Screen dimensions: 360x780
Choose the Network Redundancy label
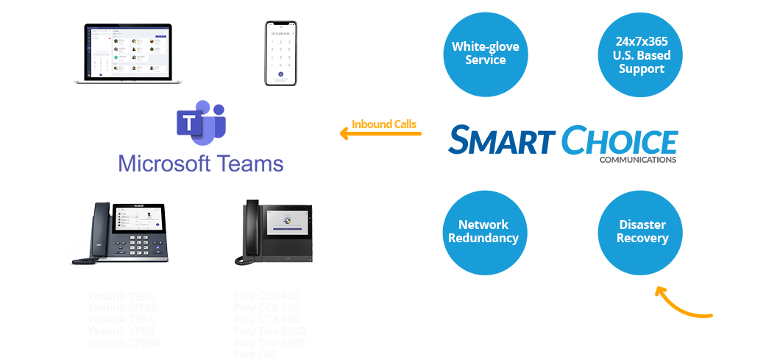point(483,231)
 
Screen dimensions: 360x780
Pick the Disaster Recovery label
point(642,231)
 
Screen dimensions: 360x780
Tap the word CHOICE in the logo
point(620,141)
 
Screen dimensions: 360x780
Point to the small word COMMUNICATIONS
point(637,159)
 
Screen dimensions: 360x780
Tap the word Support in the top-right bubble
point(642,68)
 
